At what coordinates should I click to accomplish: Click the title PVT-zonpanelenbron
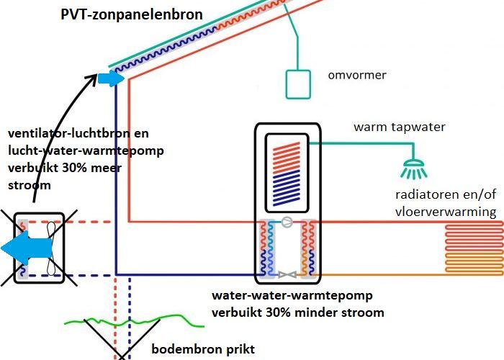pyautogui.click(x=132, y=14)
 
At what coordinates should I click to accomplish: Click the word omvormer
pyautogui.click(x=356, y=75)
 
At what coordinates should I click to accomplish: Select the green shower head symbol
pyautogui.click(x=413, y=169)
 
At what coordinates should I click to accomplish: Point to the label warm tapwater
pyautogui.click(x=399, y=127)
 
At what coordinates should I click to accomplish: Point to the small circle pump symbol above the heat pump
pyautogui.click(x=287, y=222)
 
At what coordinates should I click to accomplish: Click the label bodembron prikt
pyautogui.click(x=203, y=350)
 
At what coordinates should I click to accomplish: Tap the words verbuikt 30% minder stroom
pyautogui.click(x=297, y=312)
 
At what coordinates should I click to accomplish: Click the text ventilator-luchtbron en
pyautogui.click(x=78, y=134)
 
